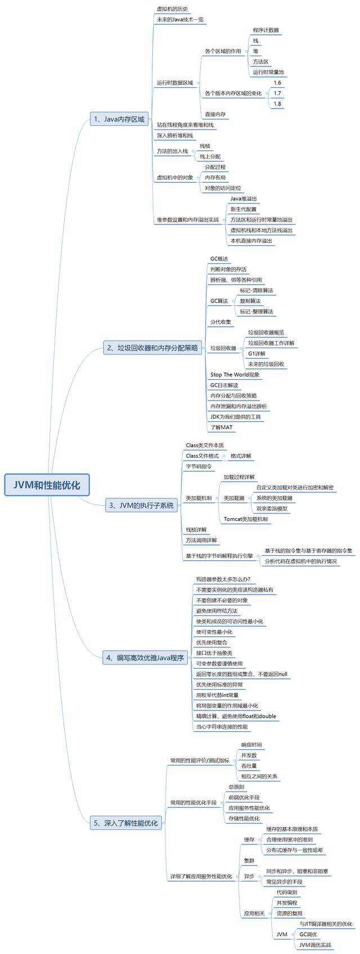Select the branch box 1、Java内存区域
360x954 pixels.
click(119, 119)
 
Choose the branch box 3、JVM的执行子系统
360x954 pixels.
click(142, 506)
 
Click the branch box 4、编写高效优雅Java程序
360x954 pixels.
click(145, 658)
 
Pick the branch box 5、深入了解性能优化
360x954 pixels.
click(125, 823)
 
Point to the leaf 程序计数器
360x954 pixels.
click(265, 30)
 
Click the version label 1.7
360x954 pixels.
click(277, 93)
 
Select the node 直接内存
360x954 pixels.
click(215, 114)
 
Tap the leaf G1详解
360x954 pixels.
click(256, 354)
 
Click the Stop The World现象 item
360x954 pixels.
click(235, 375)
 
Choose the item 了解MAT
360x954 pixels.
click(221, 427)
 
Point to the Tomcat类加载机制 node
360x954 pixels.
click(245, 519)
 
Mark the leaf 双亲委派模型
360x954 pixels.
click(272, 508)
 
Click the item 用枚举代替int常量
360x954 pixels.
click(217, 695)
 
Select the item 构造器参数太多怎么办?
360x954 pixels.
click(223, 579)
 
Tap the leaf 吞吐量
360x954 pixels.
click(249, 766)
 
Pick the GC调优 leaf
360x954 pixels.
click(308, 934)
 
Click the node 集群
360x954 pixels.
click(249, 861)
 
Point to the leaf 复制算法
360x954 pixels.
click(250, 301)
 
